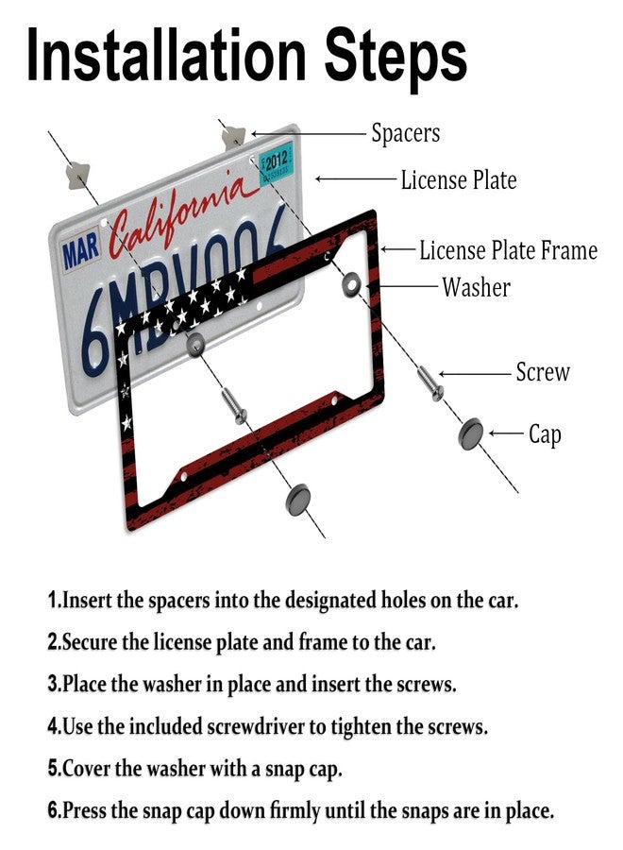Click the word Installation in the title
[x=166, y=54]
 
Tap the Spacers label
[x=405, y=133]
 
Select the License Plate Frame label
[x=508, y=250]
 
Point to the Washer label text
[x=476, y=287]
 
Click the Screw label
[x=542, y=372]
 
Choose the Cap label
[x=545, y=434]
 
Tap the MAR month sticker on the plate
[x=81, y=250]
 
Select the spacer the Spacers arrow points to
[x=233, y=137]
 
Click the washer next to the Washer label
[x=352, y=284]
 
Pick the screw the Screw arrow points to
[x=430, y=383]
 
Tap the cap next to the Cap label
[x=471, y=434]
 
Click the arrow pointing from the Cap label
[x=505, y=433]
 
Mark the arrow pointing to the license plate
[x=355, y=178]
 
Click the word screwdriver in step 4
[x=258, y=726]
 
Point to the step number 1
[x=52, y=600]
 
